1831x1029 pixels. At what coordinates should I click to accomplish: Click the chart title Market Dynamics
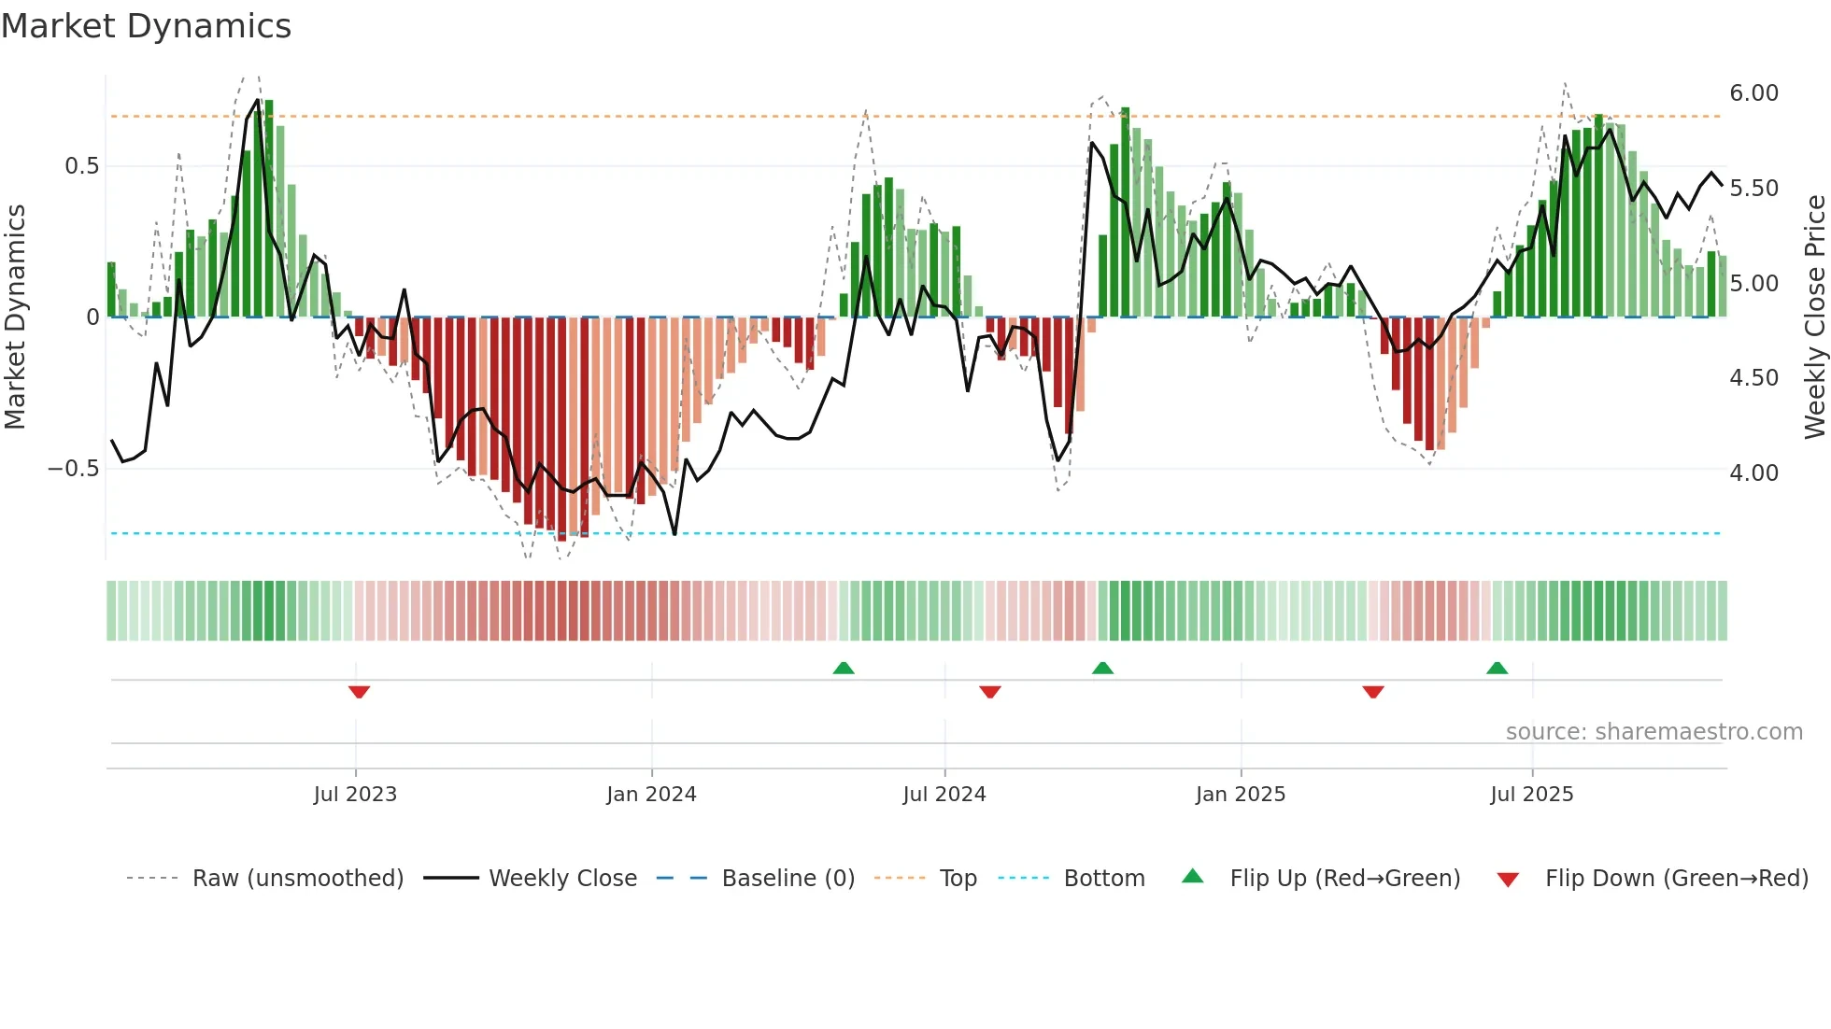(146, 26)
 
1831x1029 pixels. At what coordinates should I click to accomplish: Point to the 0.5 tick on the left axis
(81, 166)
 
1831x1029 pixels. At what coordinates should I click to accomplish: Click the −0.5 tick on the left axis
(73, 469)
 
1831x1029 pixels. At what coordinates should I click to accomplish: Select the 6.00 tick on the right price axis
(1753, 93)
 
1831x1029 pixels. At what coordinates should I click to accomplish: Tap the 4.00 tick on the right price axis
(1753, 473)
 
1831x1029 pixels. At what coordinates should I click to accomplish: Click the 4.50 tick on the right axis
(1753, 378)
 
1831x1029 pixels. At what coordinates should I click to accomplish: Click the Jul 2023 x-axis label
(355, 795)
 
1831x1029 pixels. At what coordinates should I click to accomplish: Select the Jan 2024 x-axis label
(651, 795)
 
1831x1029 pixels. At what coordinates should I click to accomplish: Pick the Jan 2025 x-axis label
(1241, 795)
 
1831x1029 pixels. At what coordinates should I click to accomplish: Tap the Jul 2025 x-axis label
(1532, 795)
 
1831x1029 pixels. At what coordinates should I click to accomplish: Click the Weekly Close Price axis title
(1814, 317)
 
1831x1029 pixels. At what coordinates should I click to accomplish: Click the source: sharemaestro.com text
(1654, 732)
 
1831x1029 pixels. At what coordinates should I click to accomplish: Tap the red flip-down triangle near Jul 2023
(359, 692)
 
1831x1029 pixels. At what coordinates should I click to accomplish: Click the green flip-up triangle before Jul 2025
(1497, 668)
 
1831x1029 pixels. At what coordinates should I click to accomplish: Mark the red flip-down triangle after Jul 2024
(990, 692)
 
